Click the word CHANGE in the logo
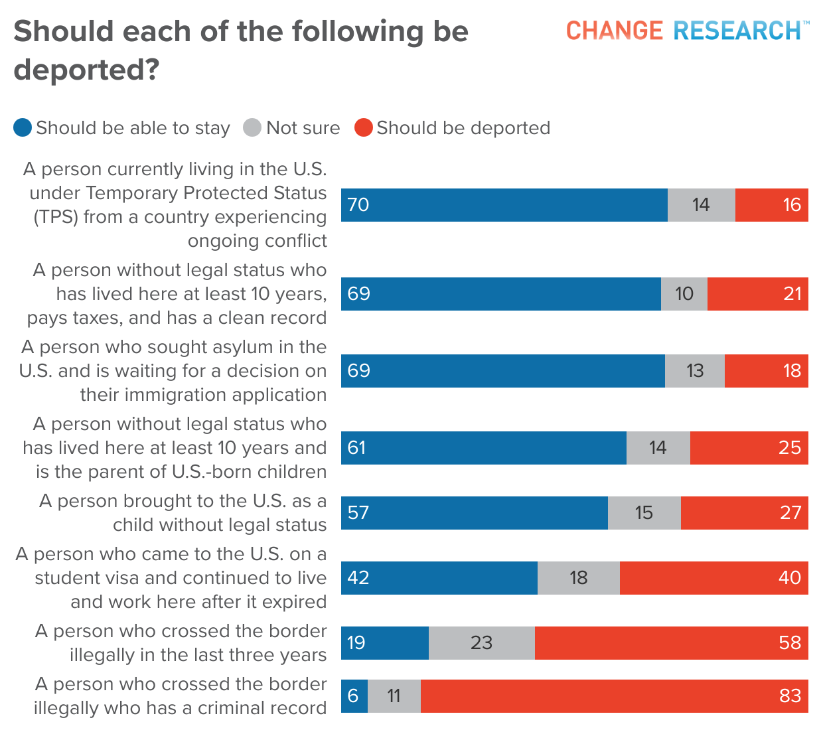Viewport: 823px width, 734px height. click(614, 31)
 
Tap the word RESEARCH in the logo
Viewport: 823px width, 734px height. click(737, 31)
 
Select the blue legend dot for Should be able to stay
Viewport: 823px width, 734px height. click(23, 127)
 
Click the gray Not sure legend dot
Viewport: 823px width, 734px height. click(252, 127)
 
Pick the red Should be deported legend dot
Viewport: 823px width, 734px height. click(363, 127)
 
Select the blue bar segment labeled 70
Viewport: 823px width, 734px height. click(504, 205)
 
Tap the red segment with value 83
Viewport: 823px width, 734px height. click(614, 696)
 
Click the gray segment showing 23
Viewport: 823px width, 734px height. click(482, 643)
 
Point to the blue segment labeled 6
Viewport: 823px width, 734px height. click(354, 696)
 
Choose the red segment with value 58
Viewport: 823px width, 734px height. click(671, 643)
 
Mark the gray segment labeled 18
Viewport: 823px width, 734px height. click(579, 578)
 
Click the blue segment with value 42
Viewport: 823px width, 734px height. click(439, 578)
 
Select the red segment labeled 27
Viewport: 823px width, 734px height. click(744, 513)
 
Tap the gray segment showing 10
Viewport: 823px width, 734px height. click(684, 294)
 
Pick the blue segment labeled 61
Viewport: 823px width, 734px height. click(484, 448)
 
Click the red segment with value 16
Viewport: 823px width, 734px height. click(771, 205)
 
